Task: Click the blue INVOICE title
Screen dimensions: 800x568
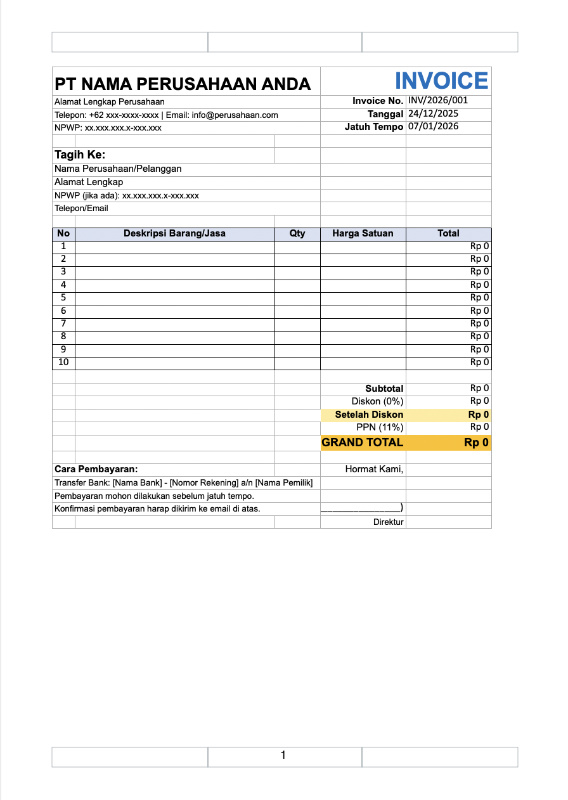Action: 441,81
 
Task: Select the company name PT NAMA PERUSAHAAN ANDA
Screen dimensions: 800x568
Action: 183,84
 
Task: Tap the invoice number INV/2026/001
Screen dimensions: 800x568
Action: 438,100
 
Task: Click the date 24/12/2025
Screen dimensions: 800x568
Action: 434,113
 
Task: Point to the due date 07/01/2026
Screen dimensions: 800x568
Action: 434,126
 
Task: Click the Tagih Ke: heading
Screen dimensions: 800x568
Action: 80,155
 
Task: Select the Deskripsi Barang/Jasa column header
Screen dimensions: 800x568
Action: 174,233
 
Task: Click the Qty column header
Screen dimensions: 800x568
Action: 297,233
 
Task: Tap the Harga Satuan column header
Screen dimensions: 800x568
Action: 363,233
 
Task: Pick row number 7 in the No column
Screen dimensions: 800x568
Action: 63,323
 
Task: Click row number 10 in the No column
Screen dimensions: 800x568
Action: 63,363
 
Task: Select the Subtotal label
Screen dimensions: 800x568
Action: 384,389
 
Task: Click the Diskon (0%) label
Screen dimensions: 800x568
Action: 377,401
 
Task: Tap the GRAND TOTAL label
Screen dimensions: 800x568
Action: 363,442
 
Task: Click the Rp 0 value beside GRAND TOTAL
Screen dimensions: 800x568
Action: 476,442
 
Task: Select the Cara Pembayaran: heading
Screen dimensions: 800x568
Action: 96,470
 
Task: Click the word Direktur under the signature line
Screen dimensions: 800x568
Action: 388,522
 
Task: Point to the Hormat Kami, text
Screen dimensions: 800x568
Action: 374,470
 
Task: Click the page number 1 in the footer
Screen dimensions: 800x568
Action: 283,755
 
